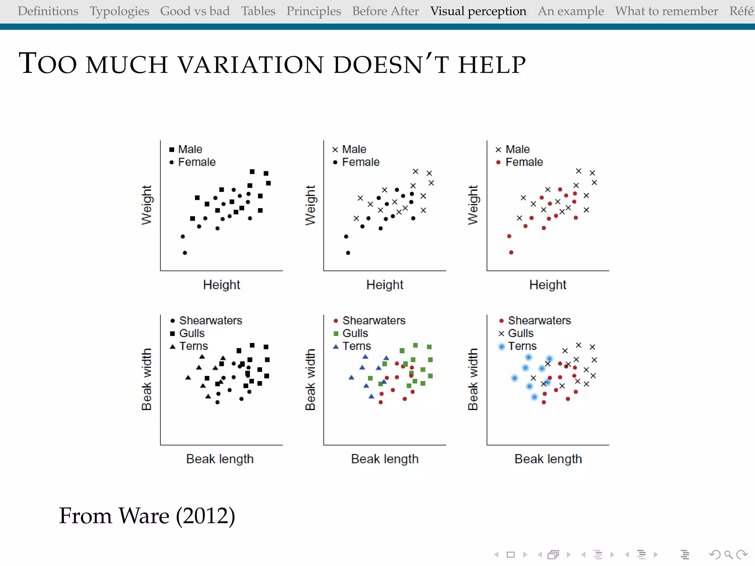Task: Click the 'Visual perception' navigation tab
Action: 478,11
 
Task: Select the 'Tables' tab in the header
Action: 258,11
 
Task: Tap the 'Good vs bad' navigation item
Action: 195,11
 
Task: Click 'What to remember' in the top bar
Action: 666,11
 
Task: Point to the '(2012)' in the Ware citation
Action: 205,516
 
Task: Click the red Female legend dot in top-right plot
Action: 498,162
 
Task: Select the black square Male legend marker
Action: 172,150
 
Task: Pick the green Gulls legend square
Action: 336,333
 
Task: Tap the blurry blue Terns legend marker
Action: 501,346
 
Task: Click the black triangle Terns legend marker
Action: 173,346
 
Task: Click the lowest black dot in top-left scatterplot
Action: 185,253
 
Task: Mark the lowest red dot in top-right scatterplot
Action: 511,252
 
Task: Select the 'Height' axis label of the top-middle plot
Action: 385,285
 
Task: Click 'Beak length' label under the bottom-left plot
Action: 220,459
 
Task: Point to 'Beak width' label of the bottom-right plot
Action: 473,379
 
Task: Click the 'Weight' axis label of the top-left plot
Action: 146,205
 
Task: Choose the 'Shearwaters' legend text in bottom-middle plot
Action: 373,321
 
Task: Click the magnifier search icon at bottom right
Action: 728,555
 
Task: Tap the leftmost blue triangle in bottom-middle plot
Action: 351,377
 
